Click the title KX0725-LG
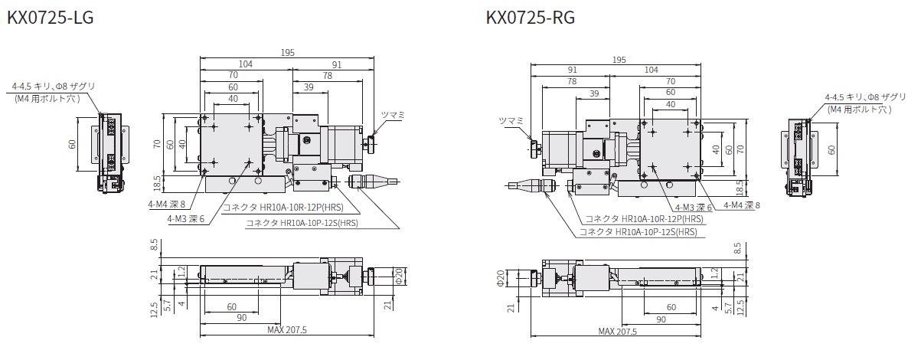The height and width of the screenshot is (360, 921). (x=50, y=17)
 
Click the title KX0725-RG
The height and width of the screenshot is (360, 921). (x=530, y=17)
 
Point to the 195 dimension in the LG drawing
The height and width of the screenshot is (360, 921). (x=287, y=52)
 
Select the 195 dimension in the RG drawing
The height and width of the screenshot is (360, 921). (x=619, y=60)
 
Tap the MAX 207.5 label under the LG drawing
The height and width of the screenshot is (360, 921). (x=287, y=331)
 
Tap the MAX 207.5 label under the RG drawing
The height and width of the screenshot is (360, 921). (x=618, y=331)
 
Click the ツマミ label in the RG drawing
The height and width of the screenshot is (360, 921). (x=510, y=120)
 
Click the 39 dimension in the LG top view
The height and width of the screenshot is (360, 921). (x=309, y=88)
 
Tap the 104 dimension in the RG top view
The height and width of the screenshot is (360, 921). (x=652, y=70)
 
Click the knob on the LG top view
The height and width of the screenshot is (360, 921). (x=372, y=143)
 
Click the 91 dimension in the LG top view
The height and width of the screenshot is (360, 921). (x=337, y=64)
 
